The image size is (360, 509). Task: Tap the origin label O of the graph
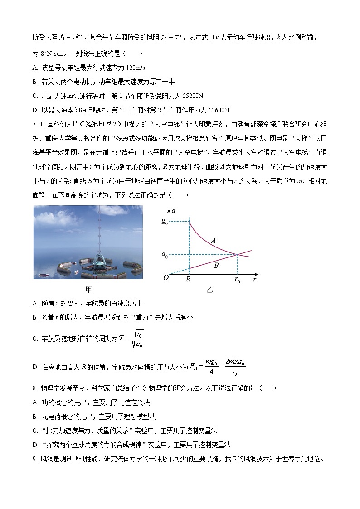coord(166,278)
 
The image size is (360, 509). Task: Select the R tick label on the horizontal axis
coord(188,280)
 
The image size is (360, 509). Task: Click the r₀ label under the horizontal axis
coord(237,281)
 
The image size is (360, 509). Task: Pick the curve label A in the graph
coord(213,241)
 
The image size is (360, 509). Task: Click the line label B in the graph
coord(216,266)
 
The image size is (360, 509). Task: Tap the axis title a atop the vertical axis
coord(174,211)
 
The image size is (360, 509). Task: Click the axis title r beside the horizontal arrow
coord(255,280)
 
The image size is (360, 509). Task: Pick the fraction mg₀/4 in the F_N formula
coord(209,366)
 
